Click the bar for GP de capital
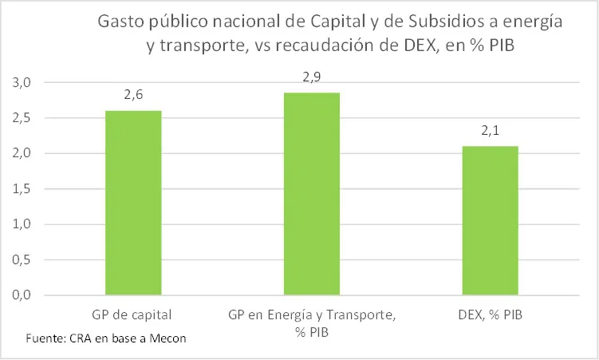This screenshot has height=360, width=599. point(133,203)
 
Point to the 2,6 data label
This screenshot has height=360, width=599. point(133,95)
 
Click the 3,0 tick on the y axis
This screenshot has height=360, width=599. point(22,83)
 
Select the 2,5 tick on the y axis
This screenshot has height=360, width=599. point(22,118)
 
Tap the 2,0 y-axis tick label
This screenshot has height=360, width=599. point(22,153)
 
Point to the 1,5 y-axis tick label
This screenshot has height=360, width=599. point(22,189)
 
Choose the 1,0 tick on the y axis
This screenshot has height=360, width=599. point(22,224)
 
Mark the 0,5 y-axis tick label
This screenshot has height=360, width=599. point(22,259)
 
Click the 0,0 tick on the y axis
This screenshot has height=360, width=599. point(22,295)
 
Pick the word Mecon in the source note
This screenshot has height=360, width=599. point(167,338)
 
